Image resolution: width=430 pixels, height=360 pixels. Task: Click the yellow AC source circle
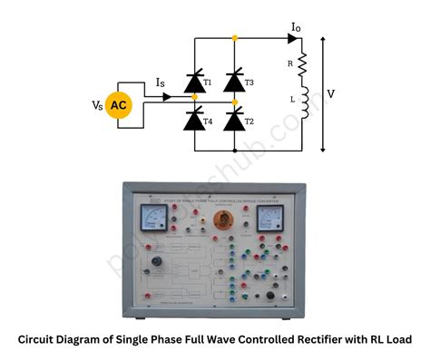point(119,106)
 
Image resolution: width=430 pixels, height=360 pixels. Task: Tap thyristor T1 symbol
point(194,83)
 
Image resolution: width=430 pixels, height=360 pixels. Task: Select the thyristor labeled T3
point(234,83)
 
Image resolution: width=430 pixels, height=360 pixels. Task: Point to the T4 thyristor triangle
point(194,118)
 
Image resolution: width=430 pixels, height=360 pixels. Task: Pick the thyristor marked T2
point(234,118)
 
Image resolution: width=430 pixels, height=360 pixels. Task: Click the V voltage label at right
point(331,92)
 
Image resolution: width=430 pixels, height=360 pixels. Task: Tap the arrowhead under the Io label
point(293,38)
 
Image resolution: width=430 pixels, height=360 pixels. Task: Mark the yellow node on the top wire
point(234,38)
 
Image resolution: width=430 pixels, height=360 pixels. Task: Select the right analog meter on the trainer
point(269,217)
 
